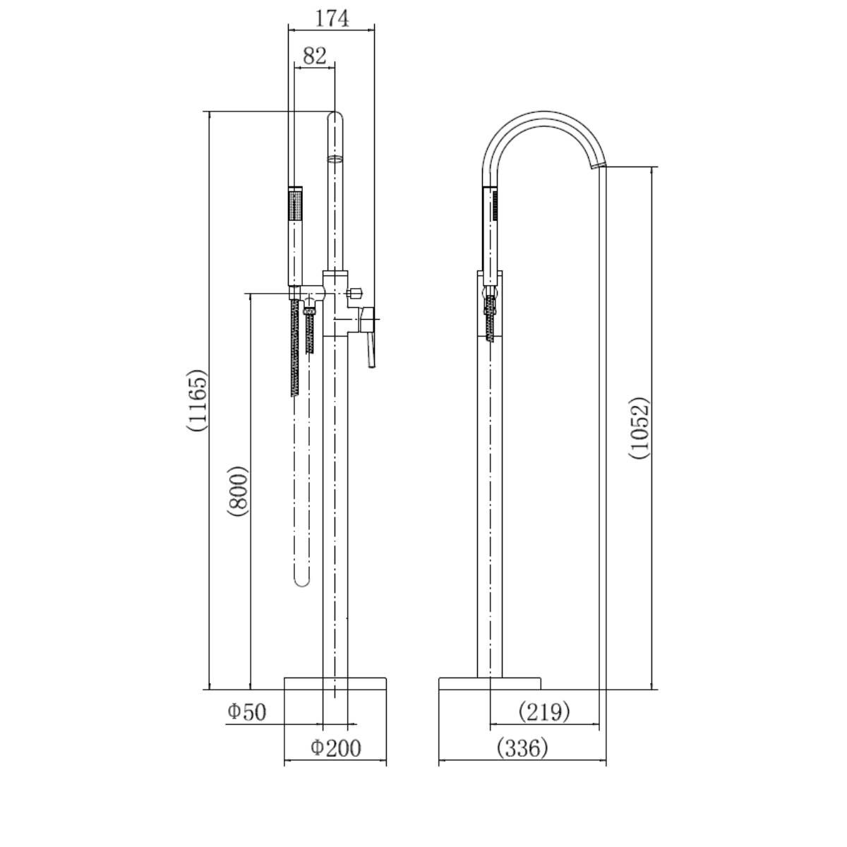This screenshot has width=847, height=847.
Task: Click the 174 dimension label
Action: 332,18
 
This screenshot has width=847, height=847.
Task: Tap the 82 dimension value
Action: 315,56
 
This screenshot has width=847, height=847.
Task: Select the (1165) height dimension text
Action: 196,400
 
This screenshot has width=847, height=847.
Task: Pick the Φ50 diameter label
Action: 246,712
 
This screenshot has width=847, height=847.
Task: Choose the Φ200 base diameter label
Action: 335,747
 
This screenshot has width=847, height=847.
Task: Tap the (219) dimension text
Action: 544,711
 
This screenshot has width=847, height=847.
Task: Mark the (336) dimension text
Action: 522,747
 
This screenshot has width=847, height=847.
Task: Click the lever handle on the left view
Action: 368,335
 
